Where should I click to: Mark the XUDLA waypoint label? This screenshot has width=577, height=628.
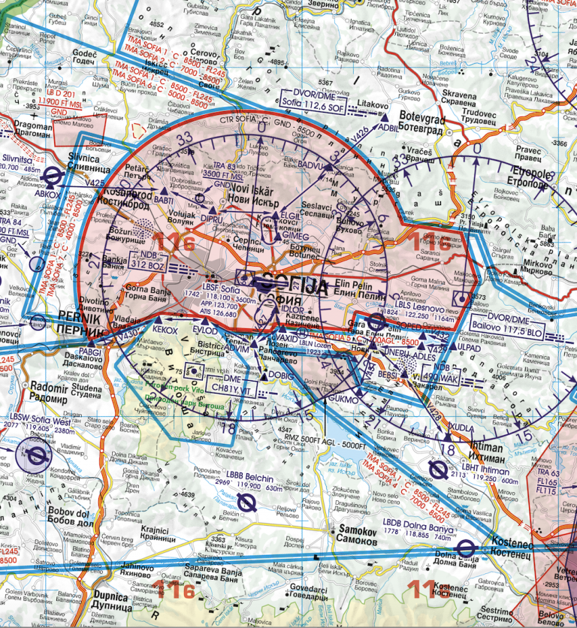[x=460, y=426]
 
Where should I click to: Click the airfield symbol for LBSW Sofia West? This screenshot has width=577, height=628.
[x=34, y=456]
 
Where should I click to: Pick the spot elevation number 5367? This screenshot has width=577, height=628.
[x=325, y=82]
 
